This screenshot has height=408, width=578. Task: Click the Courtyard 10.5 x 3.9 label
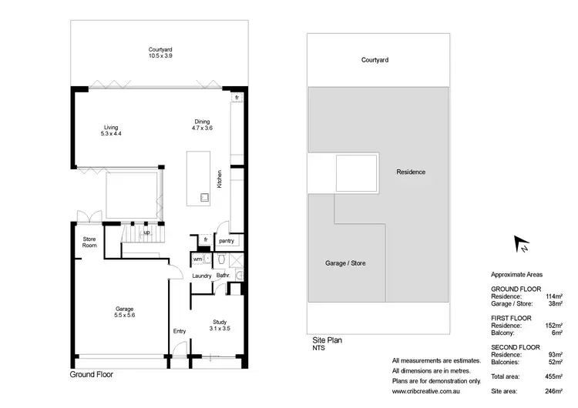coord(161,51)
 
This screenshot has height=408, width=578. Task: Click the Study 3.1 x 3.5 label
coord(220,325)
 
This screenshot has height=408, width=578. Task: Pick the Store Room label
coord(89,242)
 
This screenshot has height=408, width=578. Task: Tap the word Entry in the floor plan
coord(180,331)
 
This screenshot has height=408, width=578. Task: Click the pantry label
coord(226,241)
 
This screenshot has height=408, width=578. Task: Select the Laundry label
coord(202,275)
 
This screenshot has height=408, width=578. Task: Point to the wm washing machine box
coord(197,259)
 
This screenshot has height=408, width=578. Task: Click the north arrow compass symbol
coord(523,245)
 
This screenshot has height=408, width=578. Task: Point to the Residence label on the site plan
coord(411,172)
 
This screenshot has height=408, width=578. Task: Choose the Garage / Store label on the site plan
coord(346,263)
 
